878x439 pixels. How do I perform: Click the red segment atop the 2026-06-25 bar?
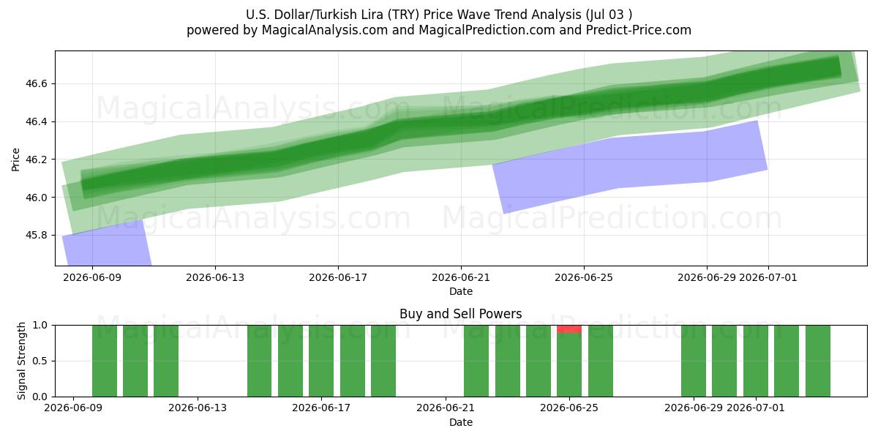click(569, 329)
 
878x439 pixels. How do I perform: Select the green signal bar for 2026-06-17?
click(321, 361)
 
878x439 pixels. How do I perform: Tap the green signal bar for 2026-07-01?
click(756, 361)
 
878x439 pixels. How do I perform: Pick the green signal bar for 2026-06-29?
click(694, 361)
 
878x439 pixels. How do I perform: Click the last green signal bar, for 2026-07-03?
click(818, 361)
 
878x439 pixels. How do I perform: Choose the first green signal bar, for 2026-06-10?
click(105, 361)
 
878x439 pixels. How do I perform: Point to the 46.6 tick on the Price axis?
click(37, 84)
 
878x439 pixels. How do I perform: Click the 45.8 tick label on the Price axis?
click(37, 235)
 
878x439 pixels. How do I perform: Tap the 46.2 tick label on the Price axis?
click(37, 160)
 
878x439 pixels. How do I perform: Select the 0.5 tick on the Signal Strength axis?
click(40, 361)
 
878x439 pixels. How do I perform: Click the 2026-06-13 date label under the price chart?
click(215, 277)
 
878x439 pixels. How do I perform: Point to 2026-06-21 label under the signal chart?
click(446, 408)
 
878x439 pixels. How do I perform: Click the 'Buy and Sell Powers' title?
click(460, 314)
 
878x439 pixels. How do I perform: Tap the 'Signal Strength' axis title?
click(21, 361)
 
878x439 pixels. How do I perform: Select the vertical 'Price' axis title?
click(15, 160)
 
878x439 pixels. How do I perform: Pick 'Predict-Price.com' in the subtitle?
click(639, 30)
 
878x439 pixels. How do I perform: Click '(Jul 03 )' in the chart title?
click(609, 15)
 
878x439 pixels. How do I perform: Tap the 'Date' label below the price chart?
click(460, 291)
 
